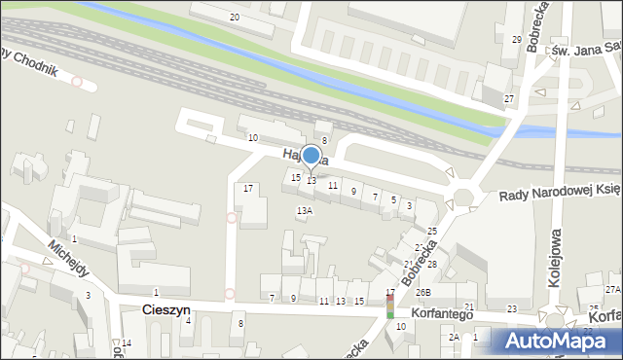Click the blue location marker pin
coord(311,156)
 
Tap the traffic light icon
coord(390,305)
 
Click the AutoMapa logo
coord(556,341)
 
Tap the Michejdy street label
coord(67,260)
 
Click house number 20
coord(234,18)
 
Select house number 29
coord(517,39)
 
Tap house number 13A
coord(305,210)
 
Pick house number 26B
coord(422,292)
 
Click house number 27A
coord(612,290)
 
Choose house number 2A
coord(454,337)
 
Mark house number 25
coord(432,231)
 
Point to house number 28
coord(431,265)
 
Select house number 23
coord(512,308)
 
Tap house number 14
coord(127,343)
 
